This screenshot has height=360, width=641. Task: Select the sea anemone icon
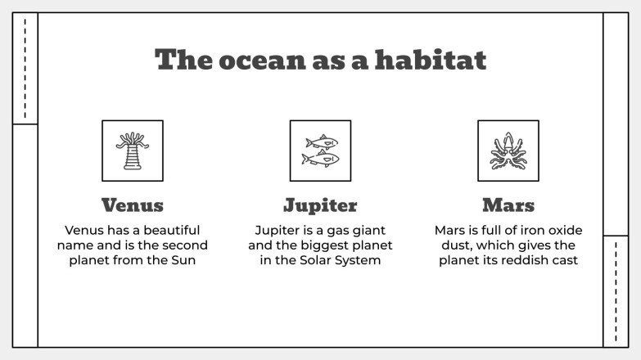click(132, 151)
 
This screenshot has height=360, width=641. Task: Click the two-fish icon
click(320, 151)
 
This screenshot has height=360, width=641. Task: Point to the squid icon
click(508, 151)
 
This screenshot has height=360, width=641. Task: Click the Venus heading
click(132, 205)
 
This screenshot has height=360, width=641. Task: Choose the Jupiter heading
click(320, 205)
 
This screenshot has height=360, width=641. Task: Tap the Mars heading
click(508, 205)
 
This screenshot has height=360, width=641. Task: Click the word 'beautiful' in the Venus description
click(161, 230)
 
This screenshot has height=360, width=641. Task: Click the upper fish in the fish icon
click(321, 142)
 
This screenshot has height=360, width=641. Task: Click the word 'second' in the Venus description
click(184, 245)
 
